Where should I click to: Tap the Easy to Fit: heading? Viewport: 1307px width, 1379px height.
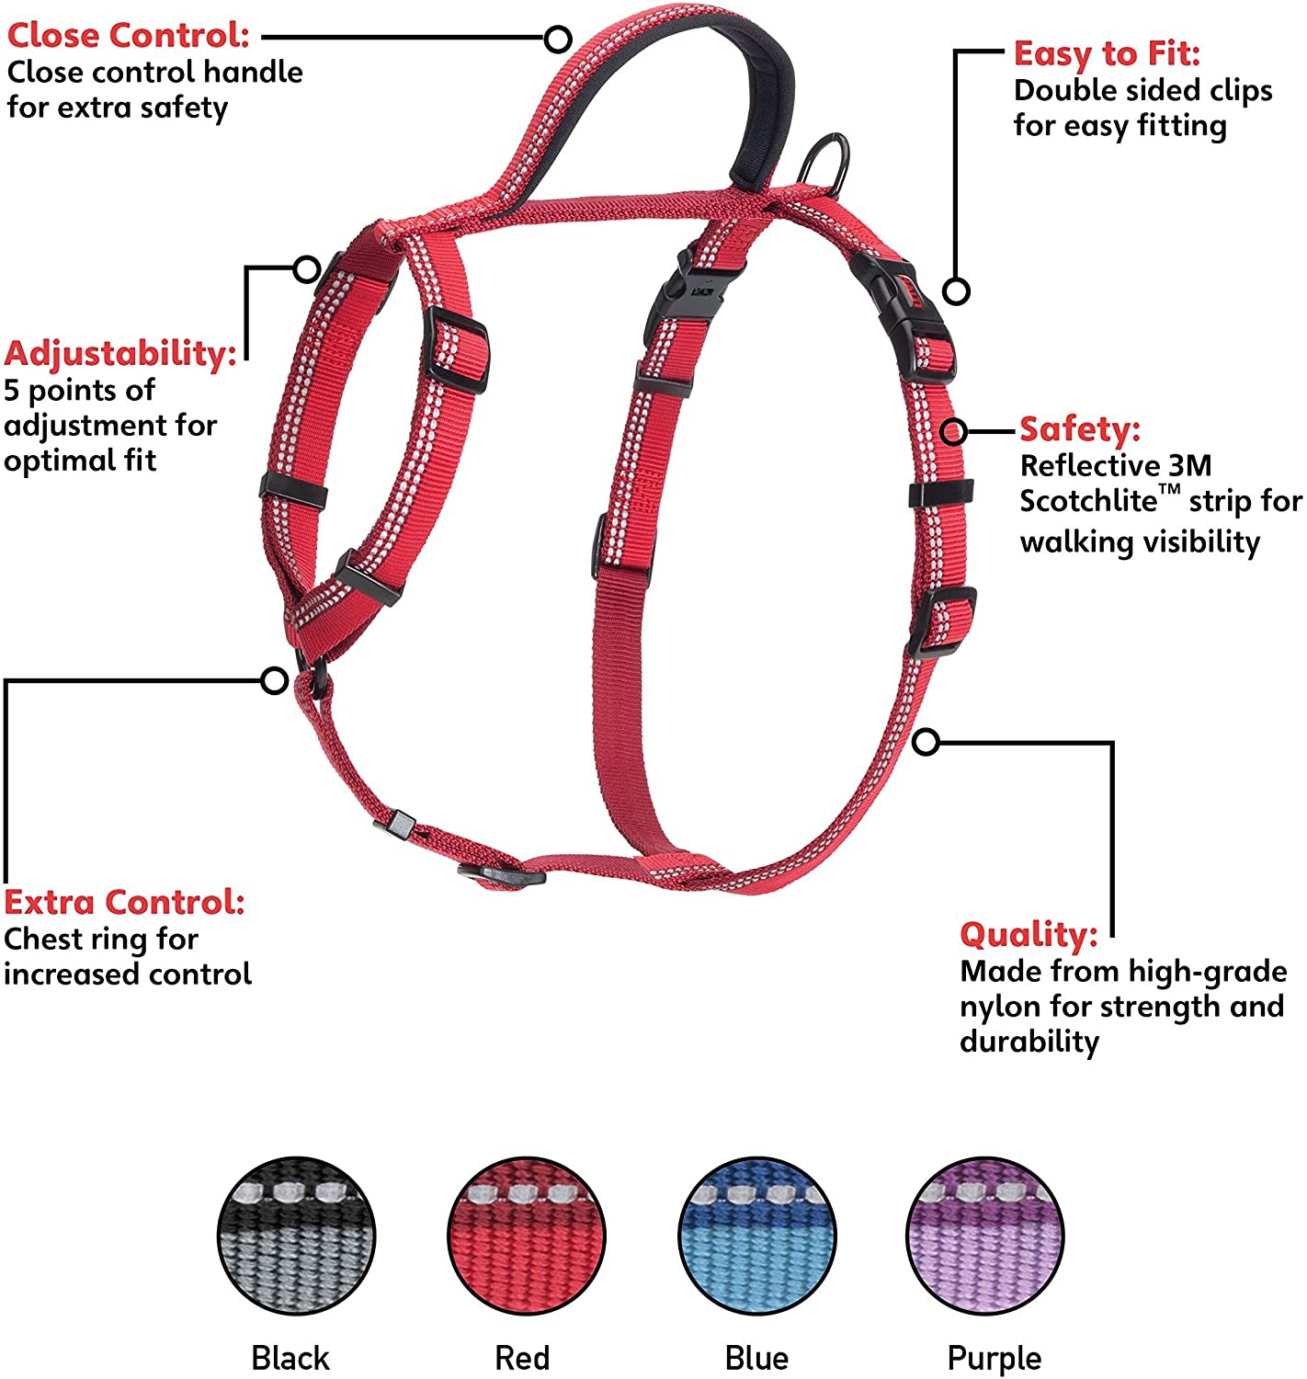click(x=1107, y=53)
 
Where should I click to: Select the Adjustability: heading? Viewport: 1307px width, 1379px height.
click(x=120, y=354)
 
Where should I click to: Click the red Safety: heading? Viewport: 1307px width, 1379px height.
click(x=1080, y=428)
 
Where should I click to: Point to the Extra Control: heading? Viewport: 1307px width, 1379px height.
click(x=125, y=902)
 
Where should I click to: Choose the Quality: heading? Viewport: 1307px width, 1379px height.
click(x=1029, y=935)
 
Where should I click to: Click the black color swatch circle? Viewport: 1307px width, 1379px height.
click(x=296, y=1236)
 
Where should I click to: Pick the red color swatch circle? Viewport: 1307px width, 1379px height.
click(x=527, y=1236)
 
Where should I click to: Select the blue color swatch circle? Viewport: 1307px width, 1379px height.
click(x=757, y=1236)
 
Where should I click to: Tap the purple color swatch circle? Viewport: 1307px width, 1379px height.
click(x=985, y=1236)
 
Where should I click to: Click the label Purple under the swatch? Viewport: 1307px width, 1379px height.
click(x=994, y=1358)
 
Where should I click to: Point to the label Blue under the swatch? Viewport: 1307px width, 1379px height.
click(x=756, y=1358)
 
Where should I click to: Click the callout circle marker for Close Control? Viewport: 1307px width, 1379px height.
click(x=558, y=39)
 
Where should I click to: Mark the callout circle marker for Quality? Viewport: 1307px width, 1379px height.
click(x=926, y=741)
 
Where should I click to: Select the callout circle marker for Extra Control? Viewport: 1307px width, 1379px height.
click(x=274, y=681)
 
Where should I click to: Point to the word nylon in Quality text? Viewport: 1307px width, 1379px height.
click(x=1001, y=1007)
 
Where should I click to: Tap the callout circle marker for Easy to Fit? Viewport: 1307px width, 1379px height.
click(x=957, y=291)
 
